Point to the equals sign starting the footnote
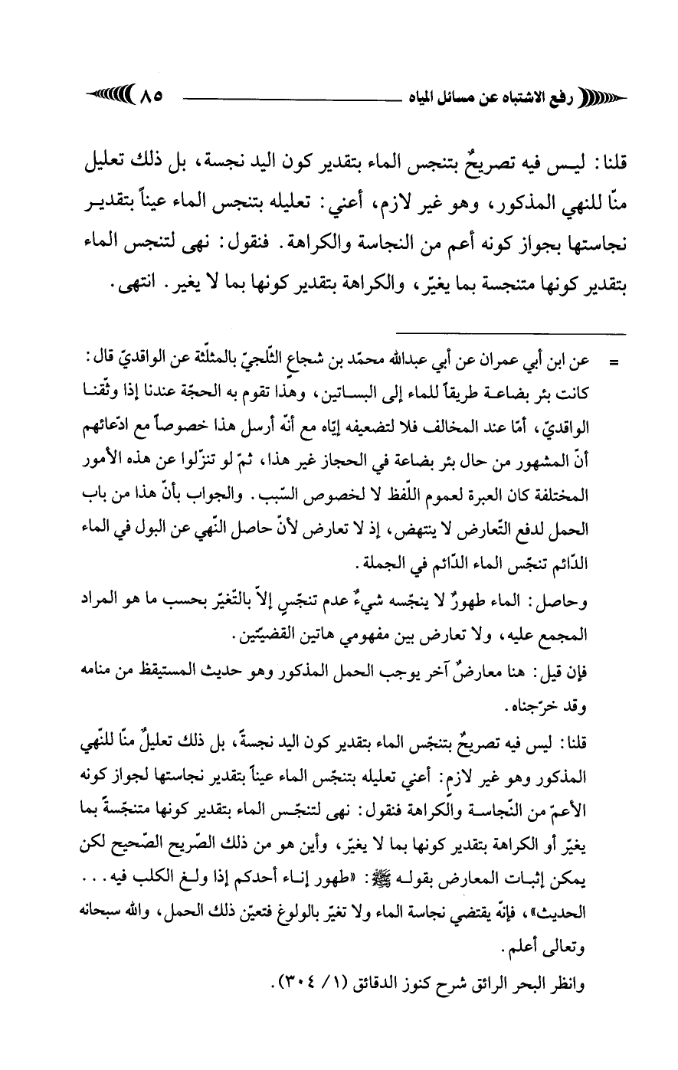coord(612,358)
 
